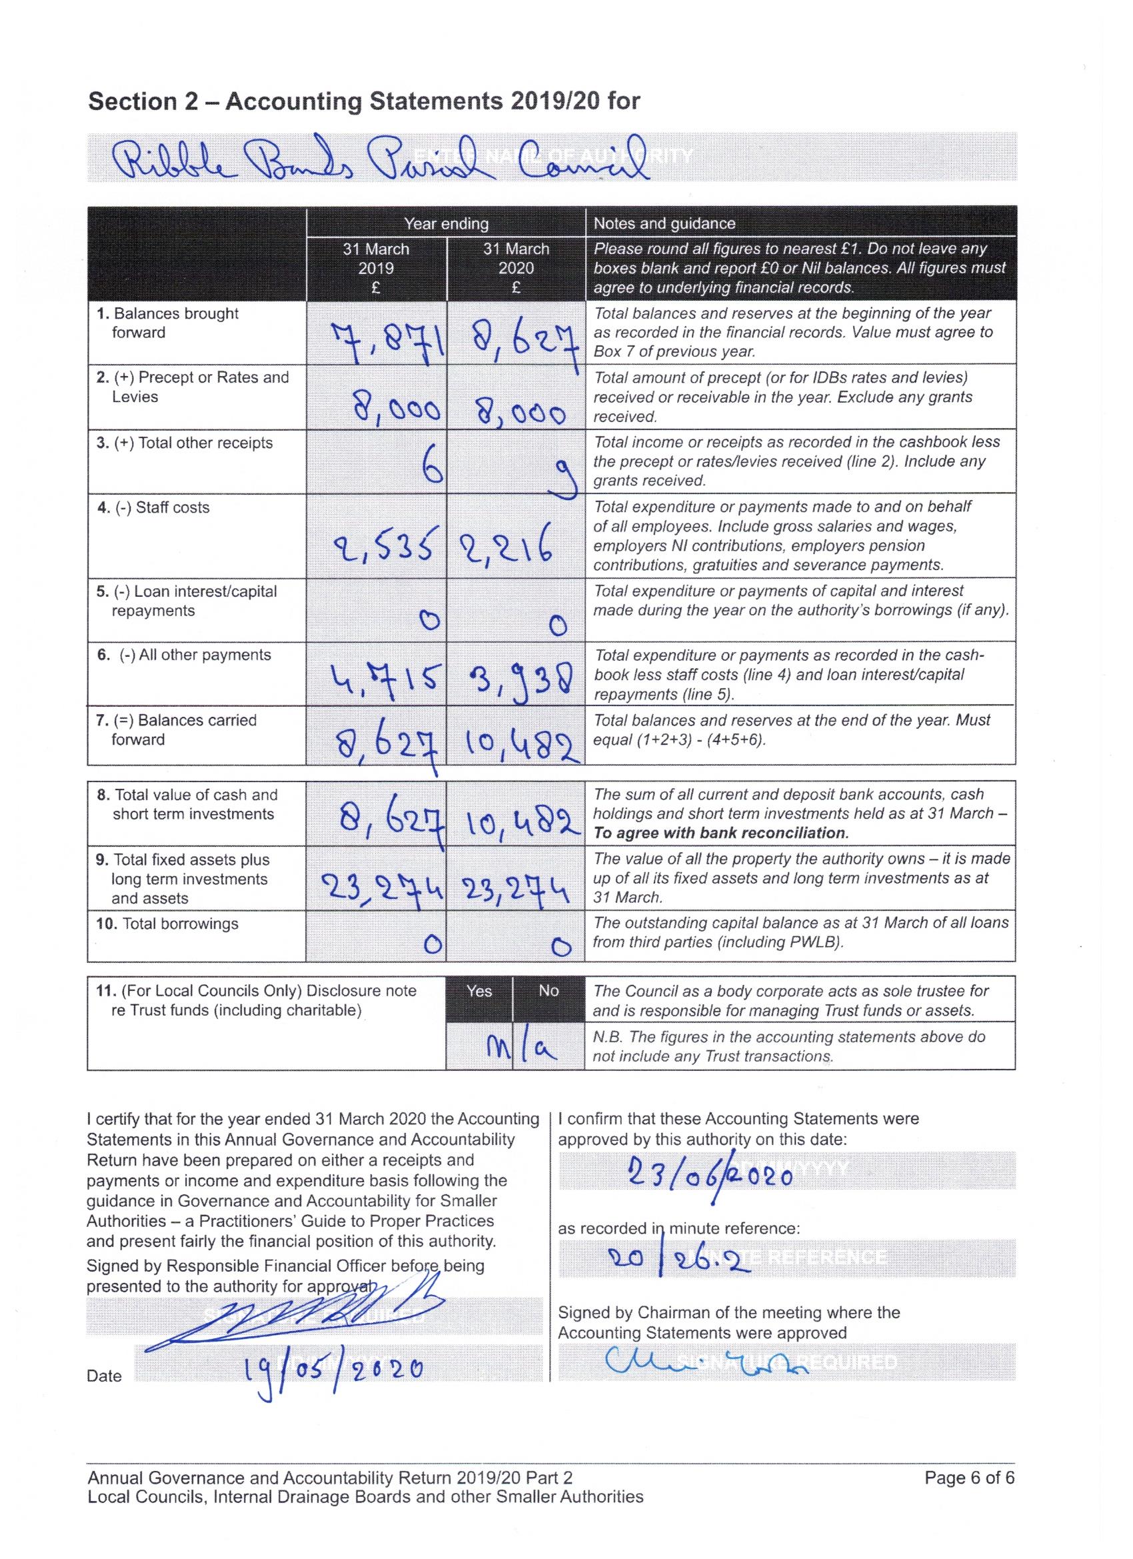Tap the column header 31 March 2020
click(516, 268)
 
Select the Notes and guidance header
click(664, 223)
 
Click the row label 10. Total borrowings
click(168, 924)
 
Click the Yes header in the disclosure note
click(479, 990)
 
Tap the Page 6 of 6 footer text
click(969, 1496)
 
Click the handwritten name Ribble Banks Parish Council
click(381, 158)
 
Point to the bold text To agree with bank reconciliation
click(721, 832)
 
